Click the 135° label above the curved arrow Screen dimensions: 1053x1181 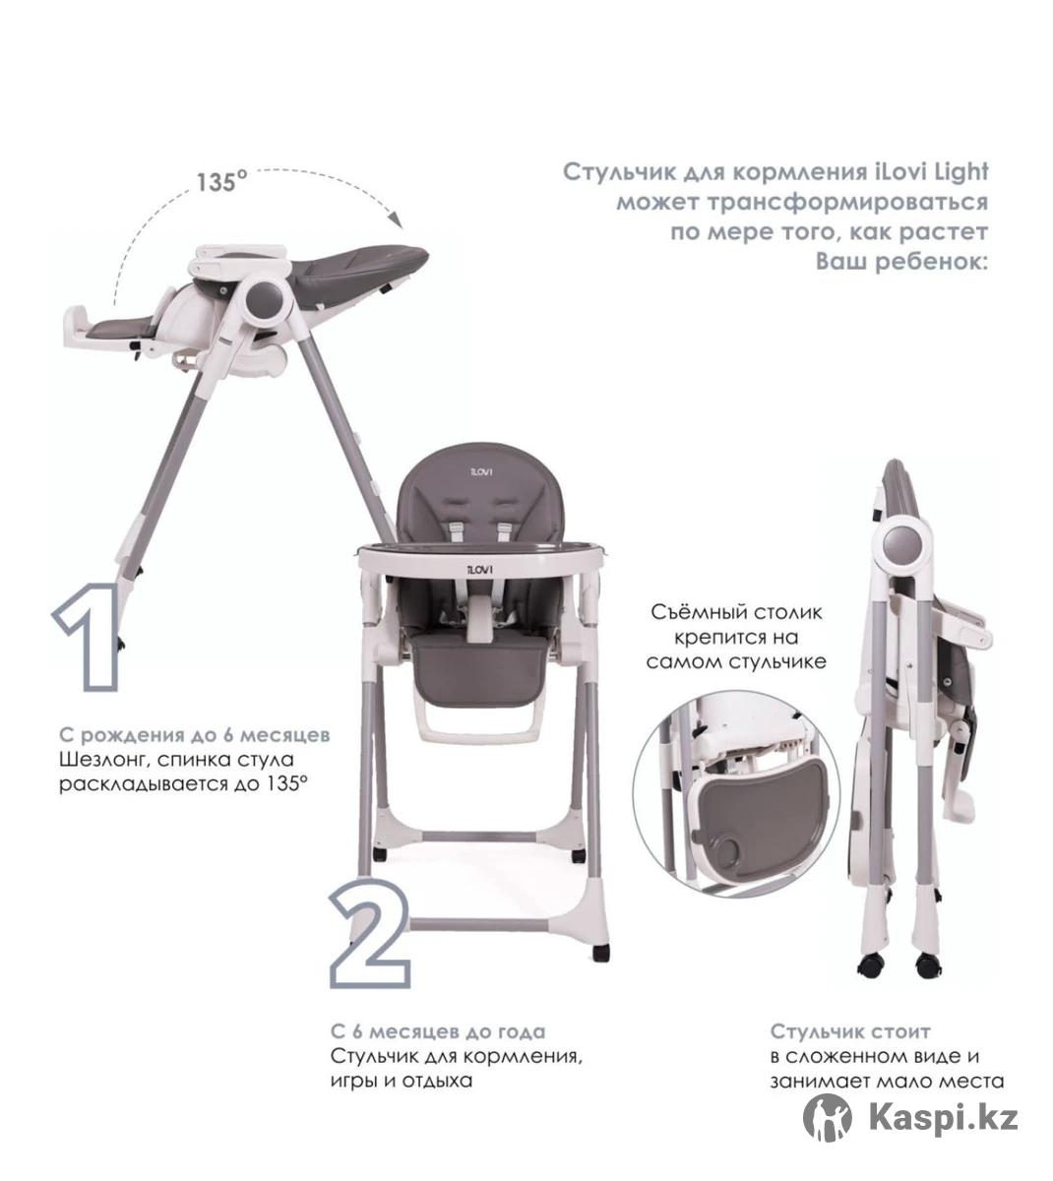coord(221,181)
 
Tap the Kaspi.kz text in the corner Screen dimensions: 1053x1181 coord(943,1119)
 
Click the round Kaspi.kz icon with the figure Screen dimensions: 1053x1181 coord(827,1118)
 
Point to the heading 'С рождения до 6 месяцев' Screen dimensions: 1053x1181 coord(195,735)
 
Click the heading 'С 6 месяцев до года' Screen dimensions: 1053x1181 coord(439,1031)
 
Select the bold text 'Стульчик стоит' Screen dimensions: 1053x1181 coord(850,1031)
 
